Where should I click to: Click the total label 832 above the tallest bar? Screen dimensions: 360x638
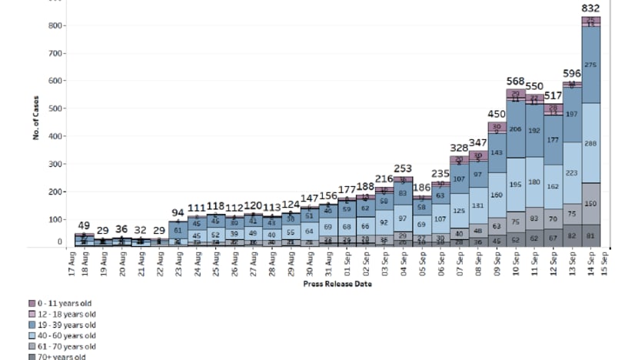tap(591, 8)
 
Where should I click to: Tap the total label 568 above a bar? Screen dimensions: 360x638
tap(515, 82)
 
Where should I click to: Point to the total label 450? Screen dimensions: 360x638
tap(496, 115)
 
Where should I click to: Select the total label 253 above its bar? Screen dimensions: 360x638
tap(402, 168)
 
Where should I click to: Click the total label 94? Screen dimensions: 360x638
tap(177, 212)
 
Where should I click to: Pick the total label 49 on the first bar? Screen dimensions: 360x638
tap(83, 225)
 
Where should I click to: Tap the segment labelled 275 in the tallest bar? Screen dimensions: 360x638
tap(591, 65)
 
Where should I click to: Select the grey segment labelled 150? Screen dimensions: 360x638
tap(591, 204)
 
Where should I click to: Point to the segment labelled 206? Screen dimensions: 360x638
tap(515, 129)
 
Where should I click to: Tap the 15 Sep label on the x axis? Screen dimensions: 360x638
tap(608, 265)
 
